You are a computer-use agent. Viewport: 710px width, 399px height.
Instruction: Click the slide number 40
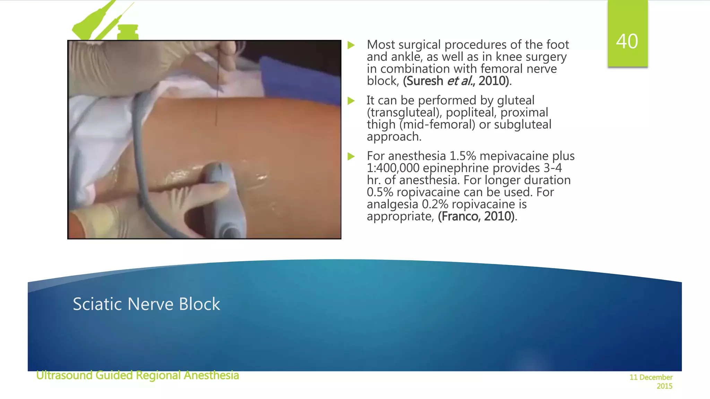(x=627, y=42)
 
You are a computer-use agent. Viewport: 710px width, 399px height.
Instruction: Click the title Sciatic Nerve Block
(x=146, y=304)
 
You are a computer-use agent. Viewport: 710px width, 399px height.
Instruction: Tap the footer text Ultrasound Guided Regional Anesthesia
(x=138, y=375)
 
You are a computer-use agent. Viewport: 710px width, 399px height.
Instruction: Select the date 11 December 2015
(x=651, y=381)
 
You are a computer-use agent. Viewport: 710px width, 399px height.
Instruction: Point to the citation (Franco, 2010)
(x=476, y=216)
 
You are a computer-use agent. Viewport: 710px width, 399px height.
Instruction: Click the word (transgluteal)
(x=404, y=113)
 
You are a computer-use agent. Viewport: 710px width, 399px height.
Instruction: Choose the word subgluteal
(x=522, y=125)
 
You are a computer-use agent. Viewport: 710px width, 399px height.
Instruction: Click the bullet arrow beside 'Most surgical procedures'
(x=351, y=45)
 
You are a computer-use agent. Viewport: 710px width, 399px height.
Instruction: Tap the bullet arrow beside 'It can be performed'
(x=351, y=101)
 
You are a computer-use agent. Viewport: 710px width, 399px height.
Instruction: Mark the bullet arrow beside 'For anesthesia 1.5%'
(x=351, y=157)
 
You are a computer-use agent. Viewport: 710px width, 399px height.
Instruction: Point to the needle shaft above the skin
(x=217, y=87)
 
